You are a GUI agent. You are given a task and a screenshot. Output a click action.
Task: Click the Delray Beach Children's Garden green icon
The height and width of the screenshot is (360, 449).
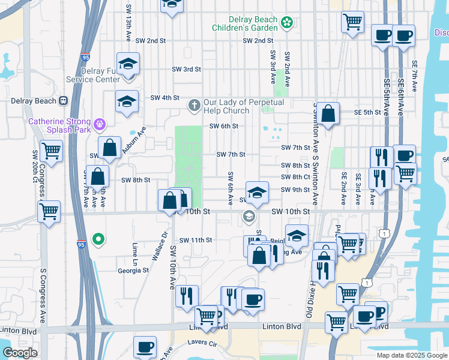pos(288,23)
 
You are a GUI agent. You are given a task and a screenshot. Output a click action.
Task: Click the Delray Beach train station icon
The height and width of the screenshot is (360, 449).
pos(62,101)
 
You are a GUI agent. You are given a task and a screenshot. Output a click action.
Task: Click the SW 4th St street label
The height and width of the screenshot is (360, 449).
pos(165,98)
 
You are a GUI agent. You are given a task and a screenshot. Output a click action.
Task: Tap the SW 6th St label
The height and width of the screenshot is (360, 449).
pos(224,126)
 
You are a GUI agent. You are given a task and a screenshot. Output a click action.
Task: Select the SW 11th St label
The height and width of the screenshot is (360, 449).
pos(193,240)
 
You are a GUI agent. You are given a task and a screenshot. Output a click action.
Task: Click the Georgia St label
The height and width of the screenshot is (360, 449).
pos(133,271)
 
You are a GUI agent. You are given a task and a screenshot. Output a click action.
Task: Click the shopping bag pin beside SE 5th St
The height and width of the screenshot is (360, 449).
pos(329,113)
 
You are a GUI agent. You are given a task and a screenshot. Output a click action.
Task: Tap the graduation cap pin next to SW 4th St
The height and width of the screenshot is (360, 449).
pos(127,102)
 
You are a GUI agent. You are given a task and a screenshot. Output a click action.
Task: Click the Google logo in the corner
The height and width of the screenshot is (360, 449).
pos(20,353)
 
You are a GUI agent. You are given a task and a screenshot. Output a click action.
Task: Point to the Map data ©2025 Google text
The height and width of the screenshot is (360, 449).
pos(411,355)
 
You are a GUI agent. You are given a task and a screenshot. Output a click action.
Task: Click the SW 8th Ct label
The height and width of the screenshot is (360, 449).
pos(295,177)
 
